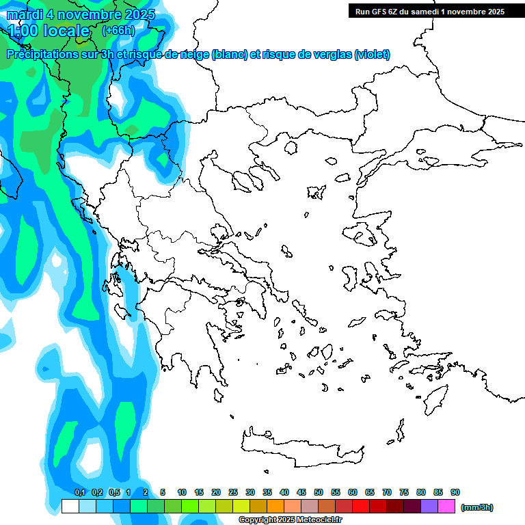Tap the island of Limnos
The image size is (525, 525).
point(315,192)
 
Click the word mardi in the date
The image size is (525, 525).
point(28,14)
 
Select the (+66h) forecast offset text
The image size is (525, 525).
point(118,30)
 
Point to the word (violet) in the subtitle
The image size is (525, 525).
point(372,55)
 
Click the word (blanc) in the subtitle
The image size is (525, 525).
point(230,55)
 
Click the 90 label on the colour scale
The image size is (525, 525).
point(455,492)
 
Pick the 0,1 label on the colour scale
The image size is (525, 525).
point(79,492)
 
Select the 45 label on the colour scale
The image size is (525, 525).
point(301,492)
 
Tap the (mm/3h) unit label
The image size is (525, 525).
point(477,507)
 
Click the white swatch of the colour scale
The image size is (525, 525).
point(70,507)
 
